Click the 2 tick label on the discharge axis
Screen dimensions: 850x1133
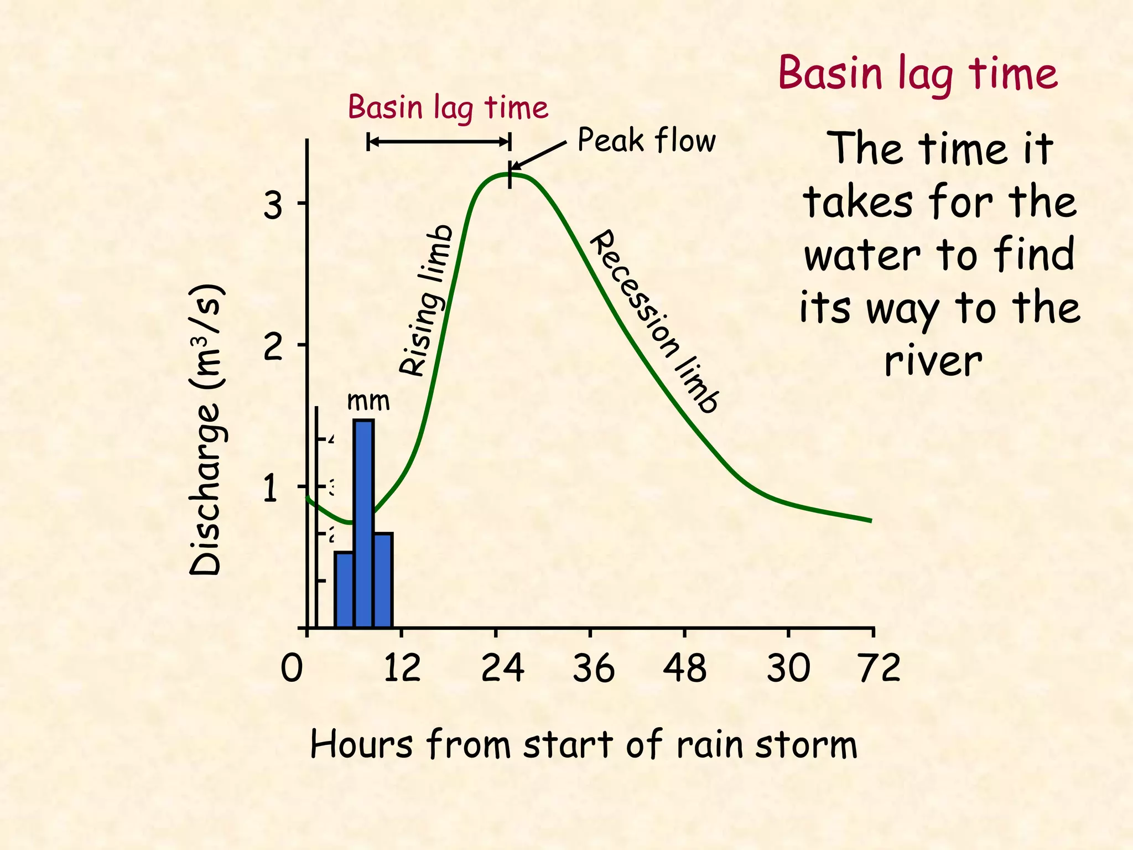(272, 348)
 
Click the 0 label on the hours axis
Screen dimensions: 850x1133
(292, 668)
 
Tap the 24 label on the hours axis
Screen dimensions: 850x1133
(502, 668)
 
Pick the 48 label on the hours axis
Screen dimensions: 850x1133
(684, 668)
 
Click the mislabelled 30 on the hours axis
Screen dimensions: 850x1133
(788, 668)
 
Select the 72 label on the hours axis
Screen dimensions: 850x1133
(879, 668)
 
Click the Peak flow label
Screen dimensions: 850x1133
(646, 140)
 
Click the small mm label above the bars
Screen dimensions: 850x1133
(368, 401)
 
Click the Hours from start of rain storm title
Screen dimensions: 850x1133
(584, 744)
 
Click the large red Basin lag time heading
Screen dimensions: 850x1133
(918, 74)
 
